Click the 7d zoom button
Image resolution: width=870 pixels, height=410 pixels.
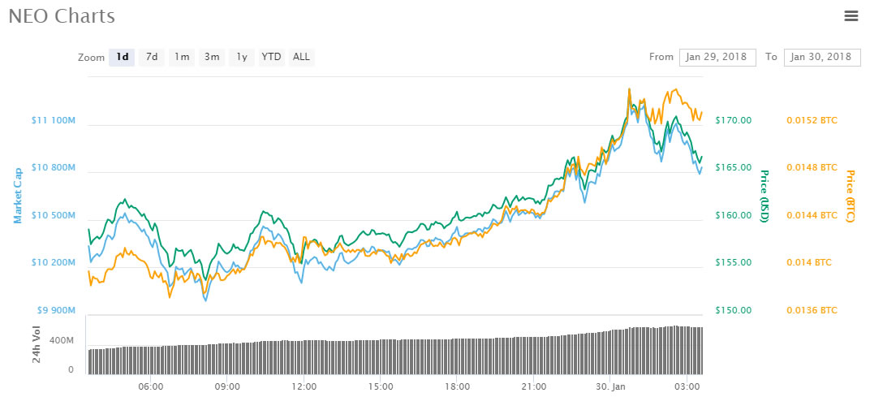pos(151,57)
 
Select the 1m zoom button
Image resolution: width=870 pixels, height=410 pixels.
pos(181,57)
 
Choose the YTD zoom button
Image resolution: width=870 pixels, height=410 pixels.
pos(271,57)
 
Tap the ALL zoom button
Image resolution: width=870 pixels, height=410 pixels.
pos(301,57)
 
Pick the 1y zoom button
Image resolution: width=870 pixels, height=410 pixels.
pos(241,57)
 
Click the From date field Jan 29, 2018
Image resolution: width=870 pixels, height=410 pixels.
pos(717,57)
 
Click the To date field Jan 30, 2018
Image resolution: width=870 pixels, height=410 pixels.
pos(822,57)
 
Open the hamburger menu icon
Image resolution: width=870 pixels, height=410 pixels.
pos(851,15)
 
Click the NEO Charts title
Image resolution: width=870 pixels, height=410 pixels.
pos(62,16)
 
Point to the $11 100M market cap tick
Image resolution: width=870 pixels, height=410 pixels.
pos(53,121)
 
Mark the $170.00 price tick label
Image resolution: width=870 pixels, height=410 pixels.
pos(733,121)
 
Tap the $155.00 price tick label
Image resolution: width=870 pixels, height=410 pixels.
pos(733,263)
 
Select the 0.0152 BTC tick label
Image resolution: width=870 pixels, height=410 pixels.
pos(812,121)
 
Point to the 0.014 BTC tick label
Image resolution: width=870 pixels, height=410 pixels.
pos(808,263)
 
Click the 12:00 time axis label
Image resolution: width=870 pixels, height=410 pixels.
pos(304,386)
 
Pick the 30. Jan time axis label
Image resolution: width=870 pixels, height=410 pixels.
pos(610,386)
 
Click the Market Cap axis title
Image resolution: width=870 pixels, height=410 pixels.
pos(18,195)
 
